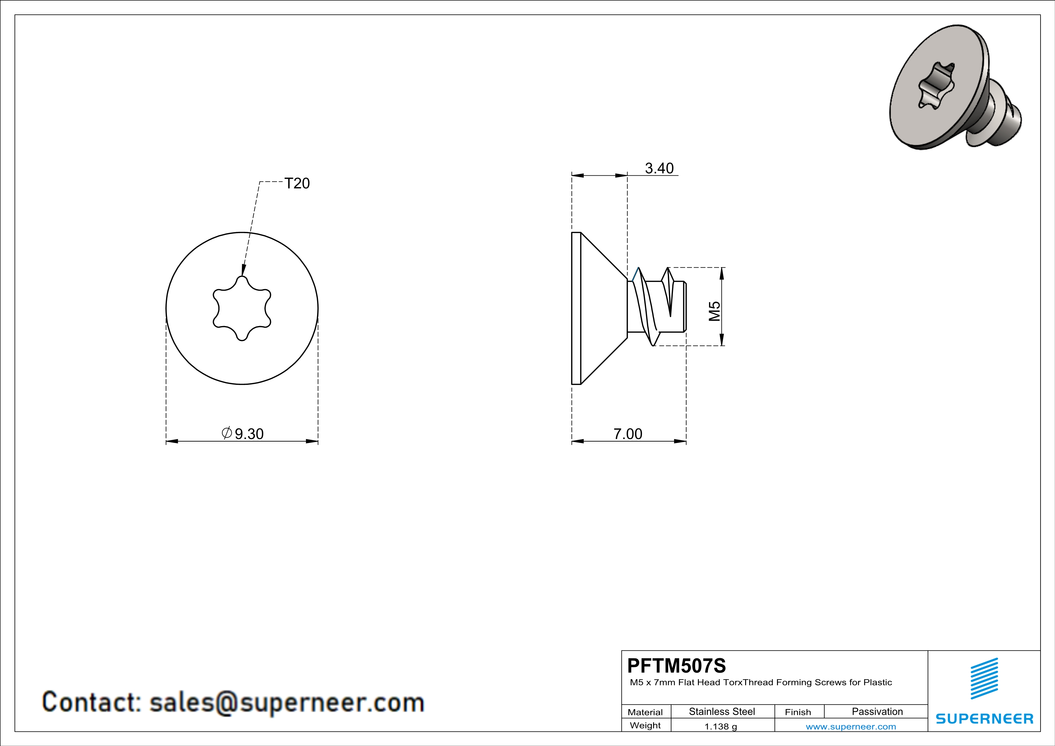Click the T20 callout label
[x=297, y=183]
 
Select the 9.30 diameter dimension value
[x=249, y=434]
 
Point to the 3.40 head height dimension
[x=659, y=168]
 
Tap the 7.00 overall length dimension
[x=628, y=434]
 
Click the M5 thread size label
[x=714, y=311]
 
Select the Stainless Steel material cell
[x=722, y=711]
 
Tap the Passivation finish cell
[x=877, y=711]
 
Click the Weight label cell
[x=645, y=725]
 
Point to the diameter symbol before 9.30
[x=227, y=433]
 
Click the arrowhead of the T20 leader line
[x=242, y=270]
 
